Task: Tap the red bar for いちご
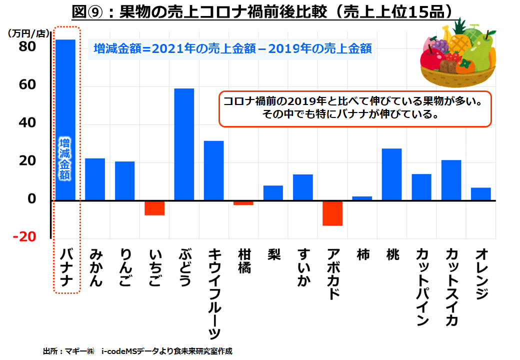[154, 208]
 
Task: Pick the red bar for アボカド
[332, 213]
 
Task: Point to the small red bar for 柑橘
[243, 203]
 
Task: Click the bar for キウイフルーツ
[214, 170]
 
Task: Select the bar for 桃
[391, 174]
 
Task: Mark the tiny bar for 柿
[362, 198]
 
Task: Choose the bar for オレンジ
[481, 194]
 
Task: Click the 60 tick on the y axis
[28, 85]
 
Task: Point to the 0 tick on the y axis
[32, 199]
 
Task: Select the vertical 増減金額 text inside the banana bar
[65, 158]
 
